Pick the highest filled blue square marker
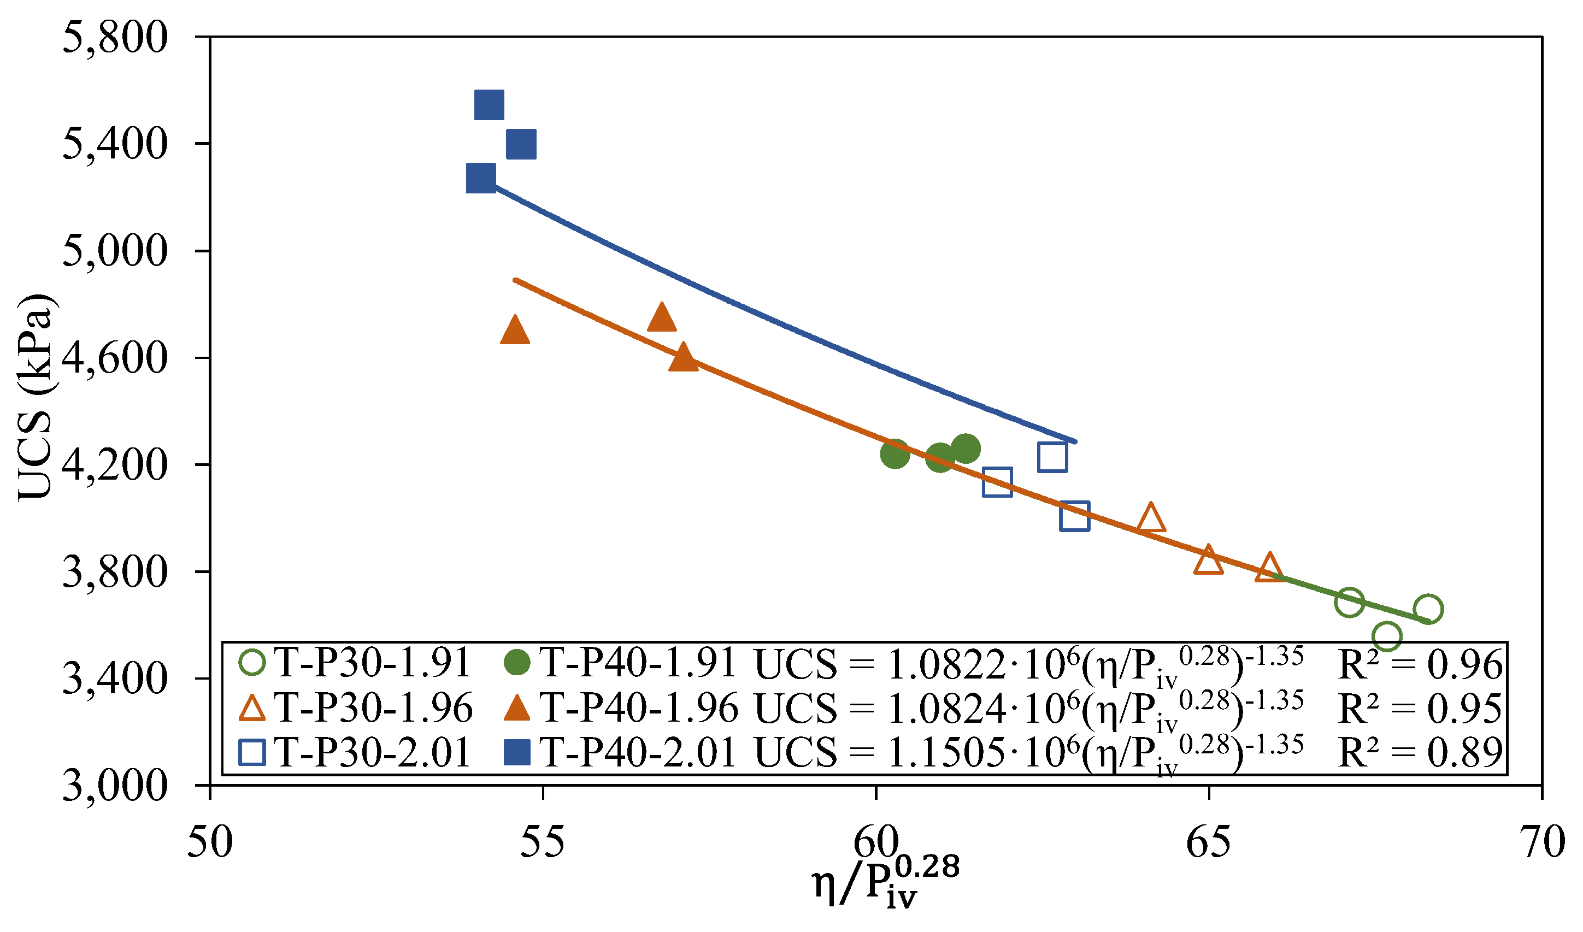point(490,104)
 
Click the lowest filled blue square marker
point(481,177)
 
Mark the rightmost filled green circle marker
point(966,448)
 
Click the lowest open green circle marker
point(1387,636)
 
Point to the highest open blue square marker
point(1053,457)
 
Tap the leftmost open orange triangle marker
point(1151,518)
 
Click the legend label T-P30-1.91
point(373,663)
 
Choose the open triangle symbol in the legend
point(252,709)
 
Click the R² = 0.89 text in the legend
point(1420,752)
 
